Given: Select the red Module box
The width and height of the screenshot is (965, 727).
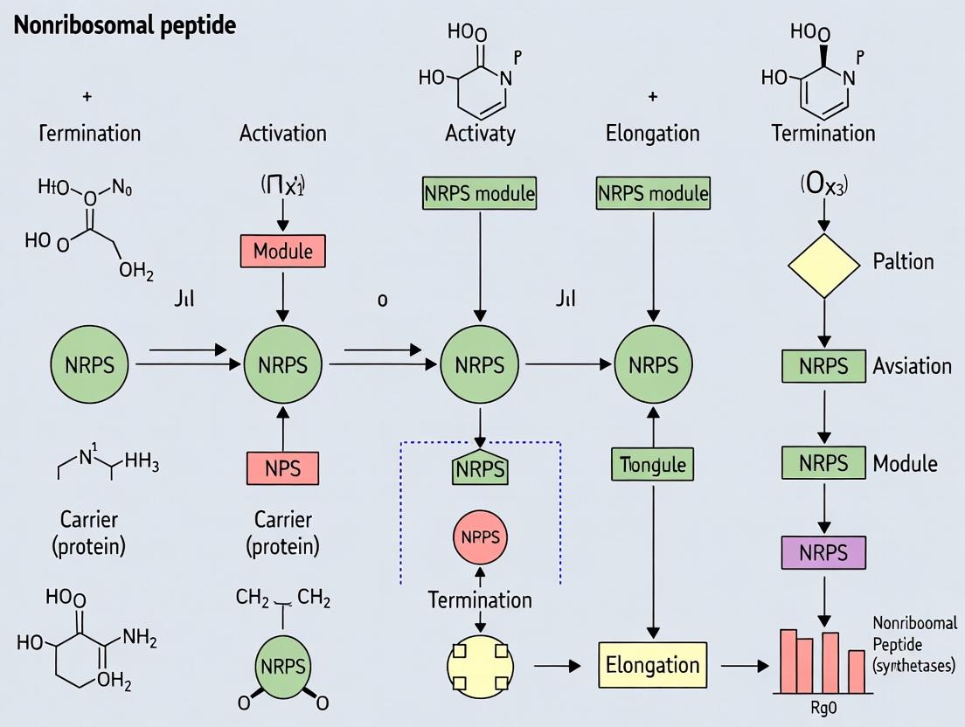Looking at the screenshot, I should pos(282,252).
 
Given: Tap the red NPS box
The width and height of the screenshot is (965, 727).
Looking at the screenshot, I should pos(282,468).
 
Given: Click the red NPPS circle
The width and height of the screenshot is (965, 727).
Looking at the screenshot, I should pos(480,537).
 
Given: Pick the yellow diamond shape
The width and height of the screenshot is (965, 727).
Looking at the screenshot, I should pos(824,261).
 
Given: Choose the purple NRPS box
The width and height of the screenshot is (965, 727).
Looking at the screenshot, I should pos(823,553).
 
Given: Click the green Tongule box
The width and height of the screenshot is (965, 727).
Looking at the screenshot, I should pos(652,464).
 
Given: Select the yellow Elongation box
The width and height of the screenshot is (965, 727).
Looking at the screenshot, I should pos(652,665).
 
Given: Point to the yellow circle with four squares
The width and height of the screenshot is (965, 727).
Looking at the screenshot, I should pos(480,665).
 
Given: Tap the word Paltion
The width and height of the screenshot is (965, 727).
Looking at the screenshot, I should pos(903,261).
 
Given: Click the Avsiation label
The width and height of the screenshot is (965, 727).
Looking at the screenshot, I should pos(912,365).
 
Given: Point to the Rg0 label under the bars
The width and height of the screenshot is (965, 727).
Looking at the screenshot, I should pos(824,708).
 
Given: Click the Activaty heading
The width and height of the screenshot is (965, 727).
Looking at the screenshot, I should pos(480,134).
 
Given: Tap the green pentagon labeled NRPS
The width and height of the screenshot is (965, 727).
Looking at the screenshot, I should pos(480,468).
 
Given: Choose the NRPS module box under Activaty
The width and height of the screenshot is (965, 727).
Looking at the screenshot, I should pos(480,192).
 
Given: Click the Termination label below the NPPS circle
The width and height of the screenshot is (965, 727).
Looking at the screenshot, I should pos(480,600).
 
